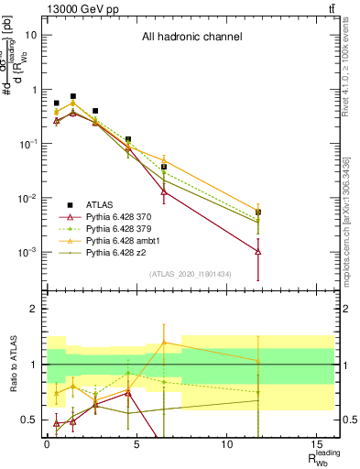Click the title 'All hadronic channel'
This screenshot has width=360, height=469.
[x=191, y=38]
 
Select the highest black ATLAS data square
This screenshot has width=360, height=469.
[x=73, y=96]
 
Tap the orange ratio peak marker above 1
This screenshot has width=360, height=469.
[x=163, y=342]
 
